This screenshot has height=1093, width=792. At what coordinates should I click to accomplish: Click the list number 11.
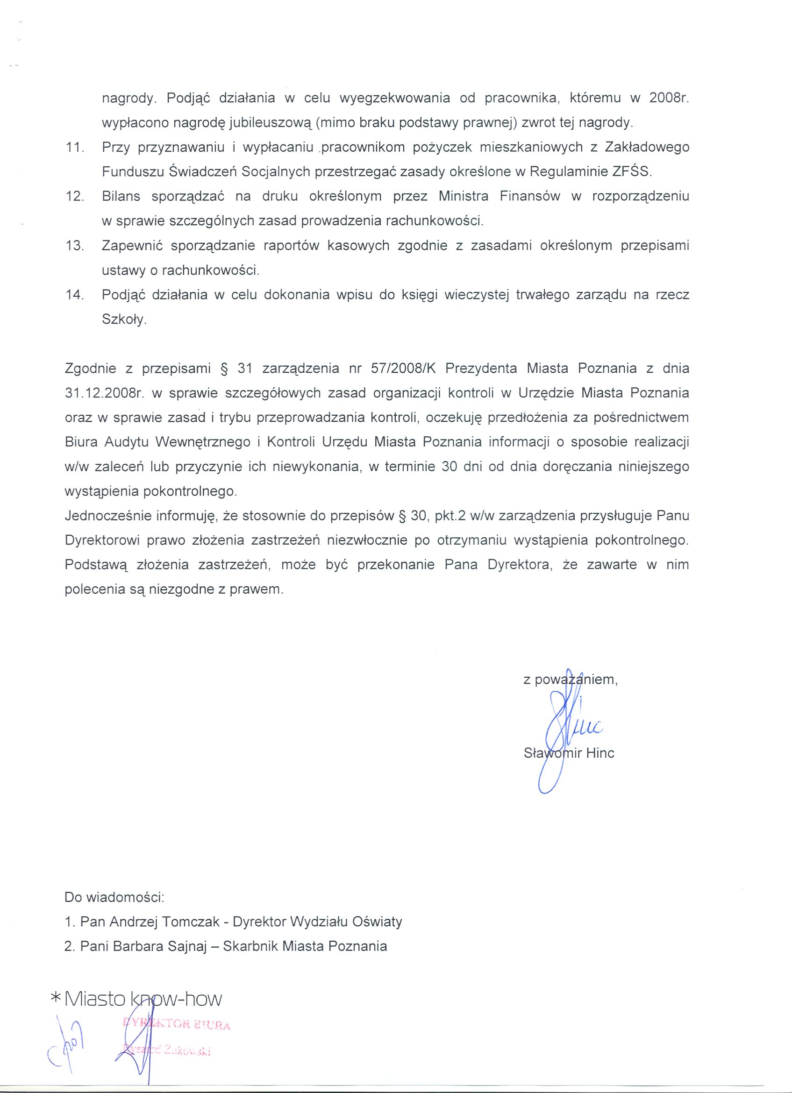pyautogui.click(x=74, y=148)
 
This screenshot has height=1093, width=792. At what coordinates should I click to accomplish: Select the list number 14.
pyautogui.click(x=74, y=295)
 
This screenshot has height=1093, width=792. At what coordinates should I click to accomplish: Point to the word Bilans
pyautogui.click(x=121, y=197)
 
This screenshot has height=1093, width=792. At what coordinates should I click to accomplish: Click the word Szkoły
pyautogui.click(x=123, y=320)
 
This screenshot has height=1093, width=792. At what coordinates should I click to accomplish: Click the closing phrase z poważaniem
pyautogui.click(x=570, y=680)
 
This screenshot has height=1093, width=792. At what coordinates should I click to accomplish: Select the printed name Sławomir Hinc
pyautogui.click(x=569, y=753)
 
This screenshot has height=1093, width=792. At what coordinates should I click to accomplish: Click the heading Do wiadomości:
pyautogui.click(x=115, y=897)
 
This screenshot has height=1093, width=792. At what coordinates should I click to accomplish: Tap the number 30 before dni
pyautogui.click(x=449, y=467)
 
